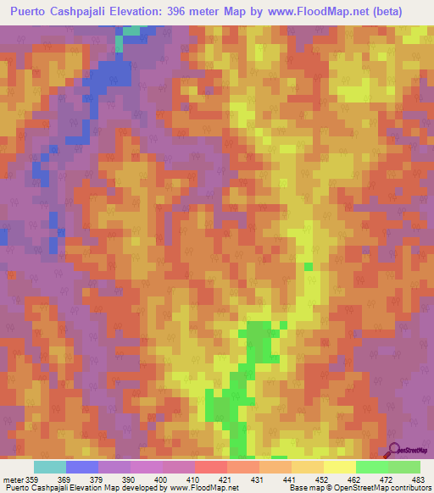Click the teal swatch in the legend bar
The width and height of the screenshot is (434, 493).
click(x=50, y=467)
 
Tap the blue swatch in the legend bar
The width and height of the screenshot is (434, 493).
click(x=82, y=467)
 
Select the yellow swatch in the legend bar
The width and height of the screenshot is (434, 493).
click(x=339, y=467)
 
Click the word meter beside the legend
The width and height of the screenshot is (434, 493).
click(x=13, y=480)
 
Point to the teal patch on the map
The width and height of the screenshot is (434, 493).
click(x=131, y=30)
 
